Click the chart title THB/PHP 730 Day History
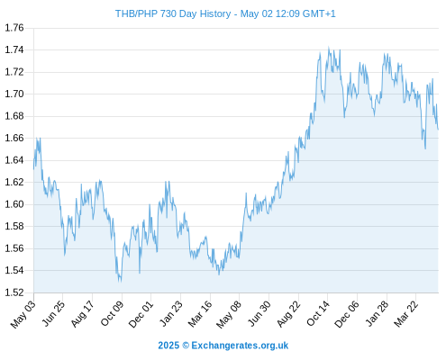point(173,13)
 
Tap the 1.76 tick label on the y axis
point(14,28)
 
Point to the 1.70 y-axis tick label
point(14,94)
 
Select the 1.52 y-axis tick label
point(14,292)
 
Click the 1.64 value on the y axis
point(14,160)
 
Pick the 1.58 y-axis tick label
point(14,226)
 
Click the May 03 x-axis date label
point(23,314)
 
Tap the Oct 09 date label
point(112,313)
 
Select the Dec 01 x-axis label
point(141,314)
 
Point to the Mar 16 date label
point(200,313)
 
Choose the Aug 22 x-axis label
point(288,314)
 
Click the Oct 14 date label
point(318,313)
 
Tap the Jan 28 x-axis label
point(377,313)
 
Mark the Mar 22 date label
point(405,313)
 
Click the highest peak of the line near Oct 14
point(329,47)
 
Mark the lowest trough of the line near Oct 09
point(121,282)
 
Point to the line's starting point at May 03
point(33,169)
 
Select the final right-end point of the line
point(438,130)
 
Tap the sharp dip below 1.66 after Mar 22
point(425,148)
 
